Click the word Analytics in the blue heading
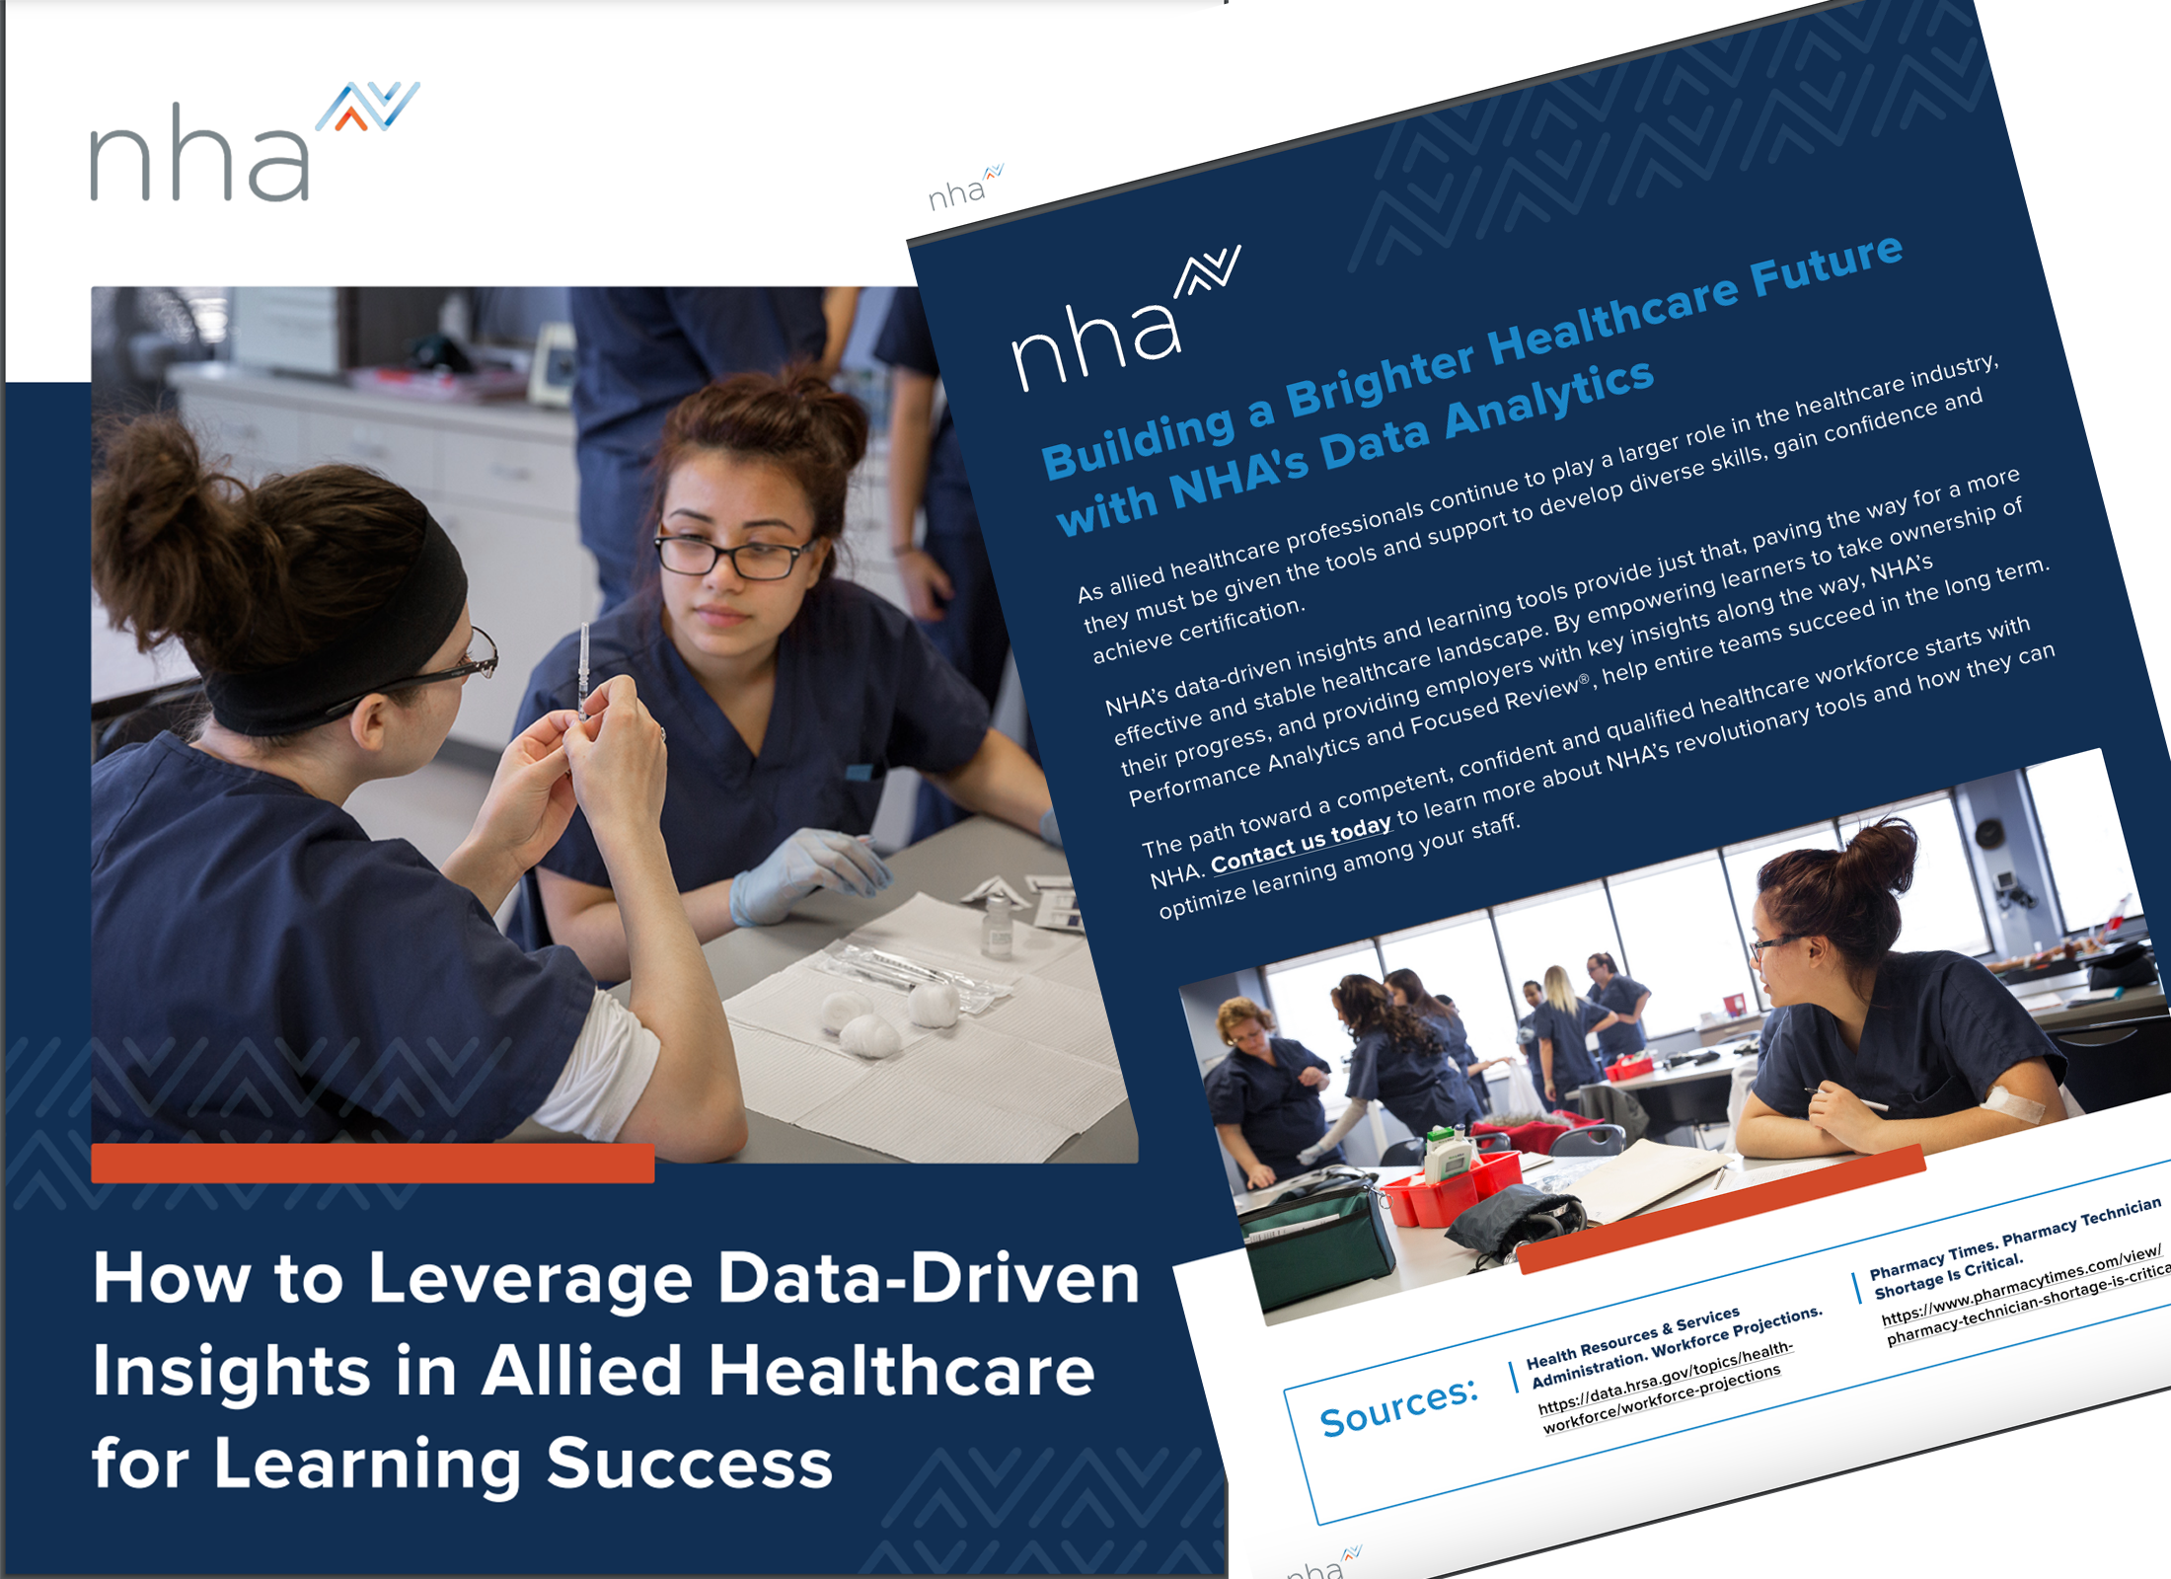pyautogui.click(x=1548, y=399)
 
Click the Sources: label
pyautogui.click(x=1398, y=1405)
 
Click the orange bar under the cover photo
pyautogui.click(x=372, y=1163)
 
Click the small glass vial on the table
pyautogui.click(x=998, y=928)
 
